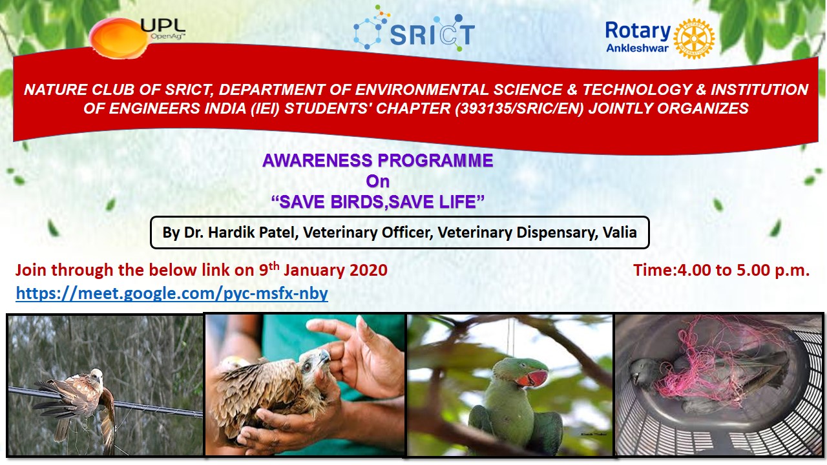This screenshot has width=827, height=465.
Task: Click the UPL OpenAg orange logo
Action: point(119,38)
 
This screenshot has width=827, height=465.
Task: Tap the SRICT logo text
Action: point(432,34)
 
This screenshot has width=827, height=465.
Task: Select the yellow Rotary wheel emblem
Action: point(694,39)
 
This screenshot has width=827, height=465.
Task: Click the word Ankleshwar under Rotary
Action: point(637,48)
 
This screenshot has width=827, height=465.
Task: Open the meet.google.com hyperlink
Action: point(172,293)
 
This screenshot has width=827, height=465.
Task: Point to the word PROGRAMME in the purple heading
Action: point(435,161)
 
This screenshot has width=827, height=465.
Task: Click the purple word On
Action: point(378,181)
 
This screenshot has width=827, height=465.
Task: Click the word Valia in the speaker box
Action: point(620,232)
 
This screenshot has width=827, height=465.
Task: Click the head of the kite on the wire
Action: point(97,375)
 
